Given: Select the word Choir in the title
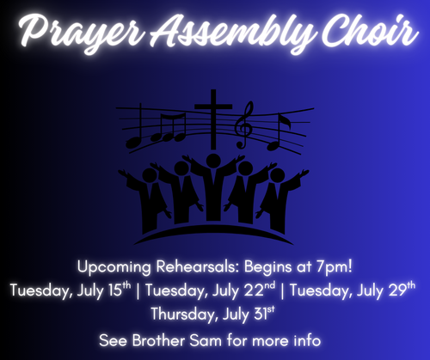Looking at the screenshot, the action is pos(369,30).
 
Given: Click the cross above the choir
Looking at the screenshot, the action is pos(213,119).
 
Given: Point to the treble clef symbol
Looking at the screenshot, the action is pos(244,125).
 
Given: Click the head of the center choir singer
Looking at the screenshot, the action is pos(213,161).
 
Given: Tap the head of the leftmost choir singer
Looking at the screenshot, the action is pos(150,175).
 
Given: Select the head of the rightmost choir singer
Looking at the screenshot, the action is pos(277,175).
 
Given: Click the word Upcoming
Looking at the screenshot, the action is pos(114,267).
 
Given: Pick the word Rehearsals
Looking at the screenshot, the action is pos(198,266).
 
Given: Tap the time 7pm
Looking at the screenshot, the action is pos(335,267).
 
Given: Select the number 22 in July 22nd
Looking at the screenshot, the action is pos(254,290).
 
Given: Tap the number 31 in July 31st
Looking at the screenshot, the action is pos(261,314).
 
